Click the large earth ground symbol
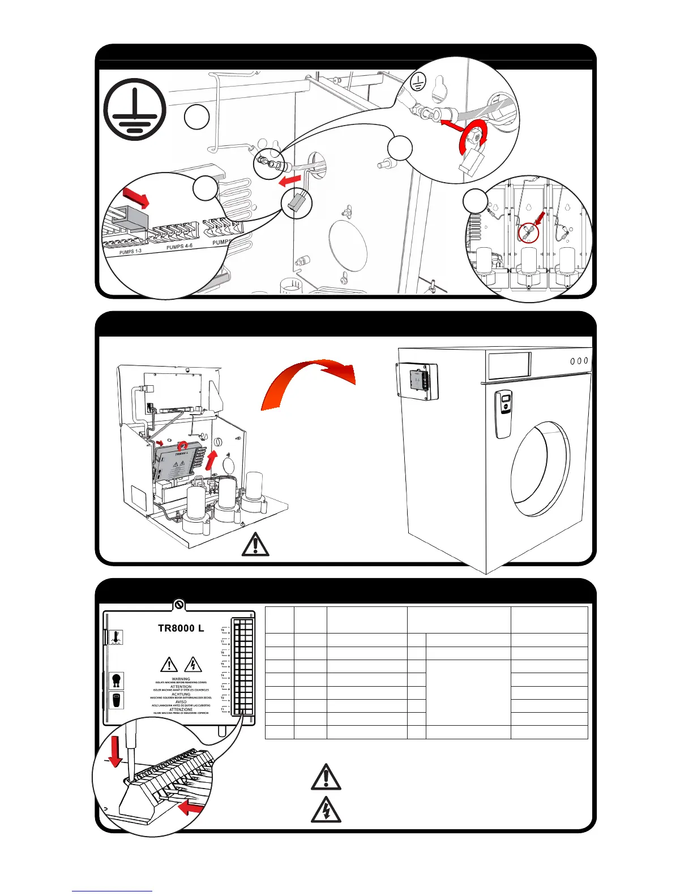(135, 109)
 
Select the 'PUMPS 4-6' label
(179, 247)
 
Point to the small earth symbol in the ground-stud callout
(417, 83)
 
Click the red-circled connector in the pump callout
(526, 232)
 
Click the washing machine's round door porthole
(540, 468)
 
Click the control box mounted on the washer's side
(417, 381)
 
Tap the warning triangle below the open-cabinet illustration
(255, 544)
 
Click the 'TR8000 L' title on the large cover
(181, 628)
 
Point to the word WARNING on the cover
(181, 679)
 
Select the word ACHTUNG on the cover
(181, 694)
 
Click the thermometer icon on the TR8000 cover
(115, 637)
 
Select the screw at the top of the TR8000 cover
(179, 605)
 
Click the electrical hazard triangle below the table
(326, 809)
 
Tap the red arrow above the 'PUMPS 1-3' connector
(136, 197)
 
